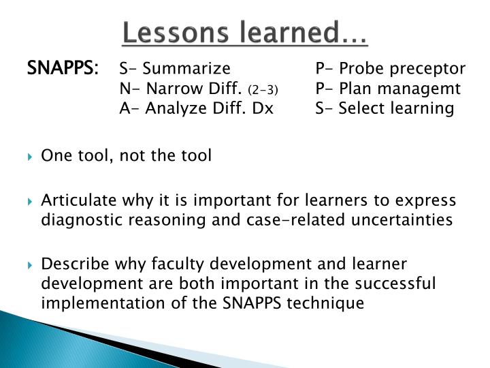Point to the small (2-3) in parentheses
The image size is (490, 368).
(263, 90)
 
